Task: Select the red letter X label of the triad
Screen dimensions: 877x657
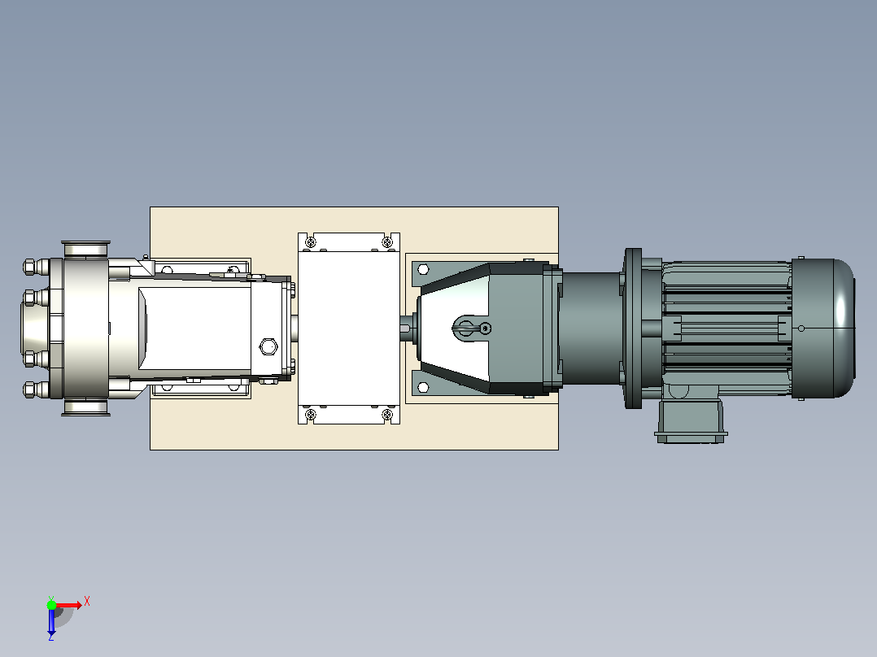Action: [87, 602]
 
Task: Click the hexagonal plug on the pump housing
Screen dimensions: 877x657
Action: [268, 346]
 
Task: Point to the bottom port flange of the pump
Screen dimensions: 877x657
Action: [86, 407]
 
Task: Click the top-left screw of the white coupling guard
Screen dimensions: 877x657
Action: [311, 242]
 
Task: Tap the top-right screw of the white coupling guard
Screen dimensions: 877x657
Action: [386, 242]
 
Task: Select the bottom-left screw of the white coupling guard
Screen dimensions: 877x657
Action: [311, 415]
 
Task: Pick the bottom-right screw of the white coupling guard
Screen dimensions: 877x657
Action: [386, 415]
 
